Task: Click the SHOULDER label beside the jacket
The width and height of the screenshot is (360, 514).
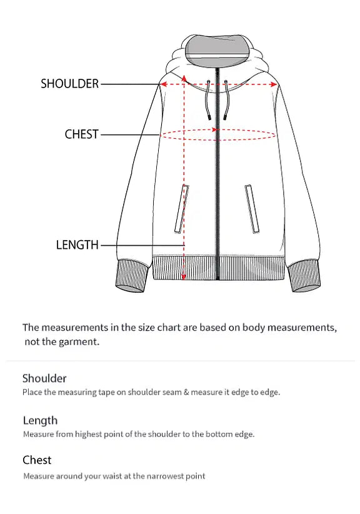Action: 69,84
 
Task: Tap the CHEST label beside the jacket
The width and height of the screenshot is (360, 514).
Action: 82,134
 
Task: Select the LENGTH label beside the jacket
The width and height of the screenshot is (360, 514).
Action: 77,244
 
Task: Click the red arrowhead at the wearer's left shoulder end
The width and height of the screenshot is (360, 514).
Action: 274,84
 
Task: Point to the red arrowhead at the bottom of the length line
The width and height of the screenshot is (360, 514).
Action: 184,276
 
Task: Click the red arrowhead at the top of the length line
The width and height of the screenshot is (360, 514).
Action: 184,78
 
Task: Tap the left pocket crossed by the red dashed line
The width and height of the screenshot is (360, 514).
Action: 182,209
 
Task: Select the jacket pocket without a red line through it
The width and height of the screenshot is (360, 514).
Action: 252,209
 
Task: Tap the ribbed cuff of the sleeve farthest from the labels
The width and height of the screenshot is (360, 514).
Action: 304,275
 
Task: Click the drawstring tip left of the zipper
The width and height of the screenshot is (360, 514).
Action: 208,116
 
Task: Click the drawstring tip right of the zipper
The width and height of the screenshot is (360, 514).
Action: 225,116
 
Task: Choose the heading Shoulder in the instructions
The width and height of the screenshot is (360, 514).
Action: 44,378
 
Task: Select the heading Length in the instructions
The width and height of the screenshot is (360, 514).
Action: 40,420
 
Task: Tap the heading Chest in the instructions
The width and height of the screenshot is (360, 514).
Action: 37,460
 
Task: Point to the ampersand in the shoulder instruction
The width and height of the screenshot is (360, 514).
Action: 186,392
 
